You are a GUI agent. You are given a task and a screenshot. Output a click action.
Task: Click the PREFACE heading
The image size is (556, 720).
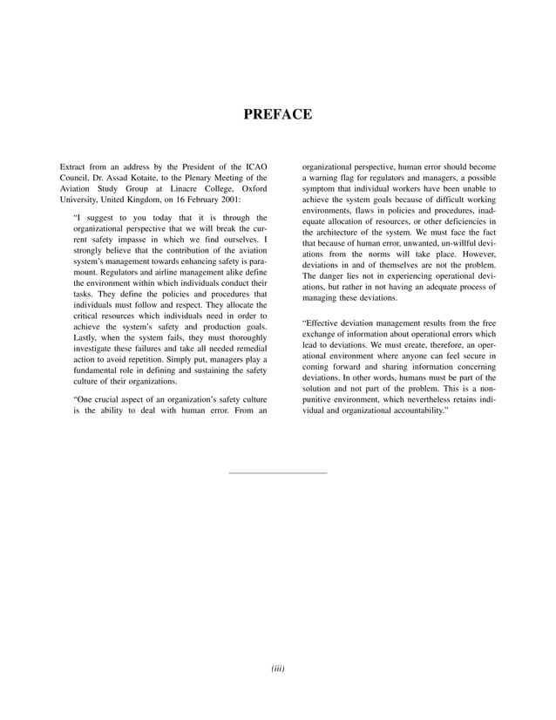pyautogui.click(x=277, y=113)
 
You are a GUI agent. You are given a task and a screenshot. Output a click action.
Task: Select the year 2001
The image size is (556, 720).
pyautogui.click(x=229, y=199)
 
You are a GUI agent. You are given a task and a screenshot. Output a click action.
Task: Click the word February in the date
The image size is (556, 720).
pyautogui.click(x=194, y=199)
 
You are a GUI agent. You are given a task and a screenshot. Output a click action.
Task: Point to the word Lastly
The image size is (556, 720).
pyautogui.click(x=86, y=335)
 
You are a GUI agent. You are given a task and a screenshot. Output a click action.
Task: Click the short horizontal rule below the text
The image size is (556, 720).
pyautogui.click(x=277, y=472)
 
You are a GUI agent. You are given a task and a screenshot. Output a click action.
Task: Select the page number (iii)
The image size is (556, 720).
pyautogui.click(x=277, y=669)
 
